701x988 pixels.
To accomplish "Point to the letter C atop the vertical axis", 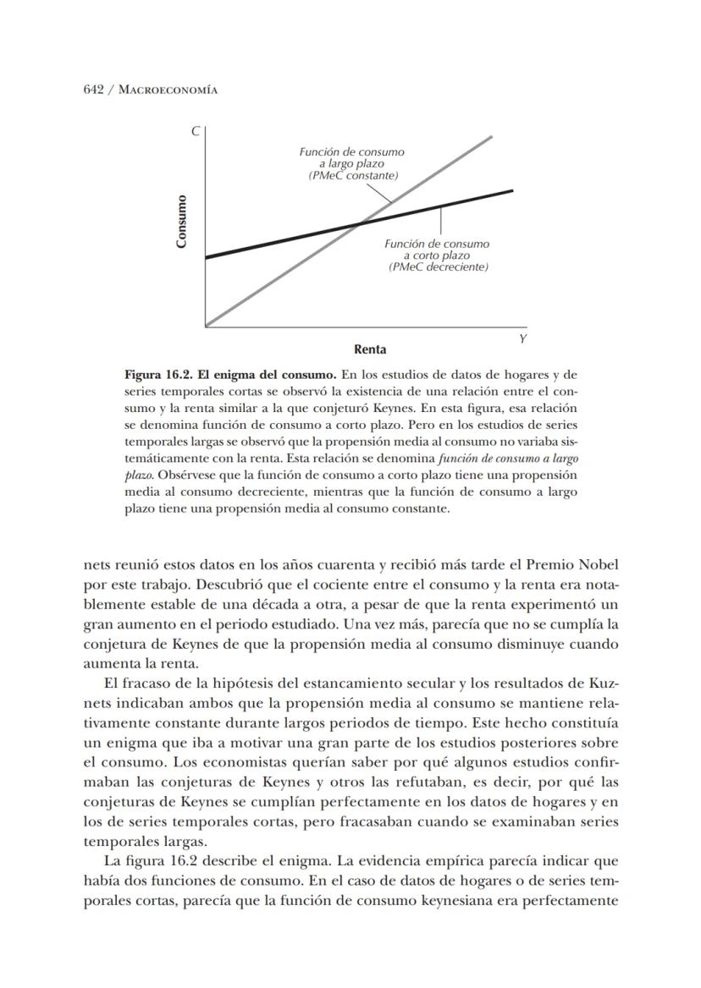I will [x=195, y=131].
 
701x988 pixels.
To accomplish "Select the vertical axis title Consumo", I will [x=181, y=222].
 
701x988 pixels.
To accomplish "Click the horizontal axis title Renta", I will [x=370, y=349].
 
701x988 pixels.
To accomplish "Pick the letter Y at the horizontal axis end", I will [x=522, y=338].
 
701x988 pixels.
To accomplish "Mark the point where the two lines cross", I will [x=359, y=223].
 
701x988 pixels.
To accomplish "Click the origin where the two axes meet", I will [x=206, y=326].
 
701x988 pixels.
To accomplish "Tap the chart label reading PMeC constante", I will [x=353, y=175].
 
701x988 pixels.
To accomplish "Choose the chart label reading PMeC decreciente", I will [x=438, y=266].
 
